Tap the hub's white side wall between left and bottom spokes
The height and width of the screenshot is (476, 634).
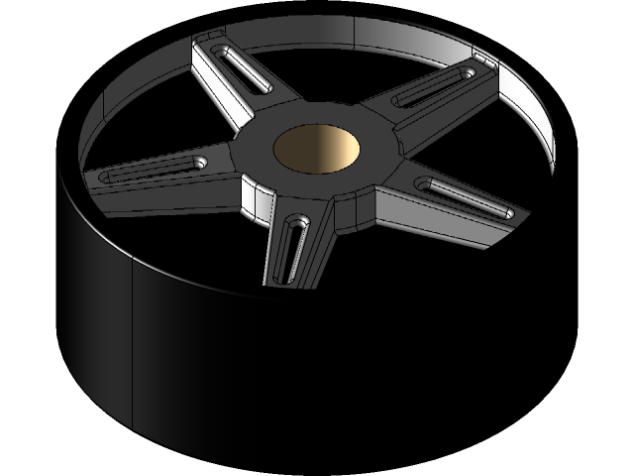256,204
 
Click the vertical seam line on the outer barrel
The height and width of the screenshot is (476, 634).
133,347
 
